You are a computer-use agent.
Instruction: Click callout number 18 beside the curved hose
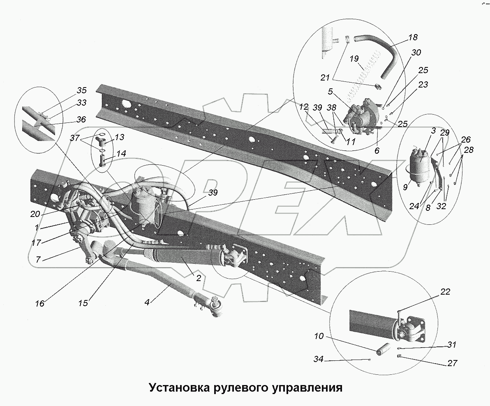(x=413, y=37)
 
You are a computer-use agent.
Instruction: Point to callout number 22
(x=445, y=292)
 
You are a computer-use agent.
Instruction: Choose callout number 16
(x=39, y=304)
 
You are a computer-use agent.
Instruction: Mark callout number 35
(x=82, y=90)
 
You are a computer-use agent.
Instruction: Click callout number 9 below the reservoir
(x=405, y=187)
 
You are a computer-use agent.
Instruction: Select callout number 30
(x=416, y=53)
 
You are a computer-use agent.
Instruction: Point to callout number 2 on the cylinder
(x=198, y=278)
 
